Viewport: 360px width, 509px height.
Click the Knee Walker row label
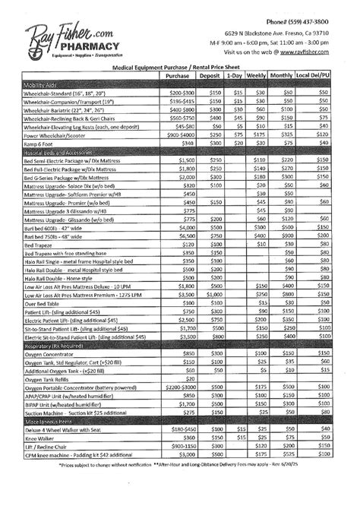41,438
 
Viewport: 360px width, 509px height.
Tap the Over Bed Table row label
46,302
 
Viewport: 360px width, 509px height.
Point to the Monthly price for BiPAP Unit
288,404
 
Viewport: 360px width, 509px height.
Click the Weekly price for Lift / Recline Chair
260,446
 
